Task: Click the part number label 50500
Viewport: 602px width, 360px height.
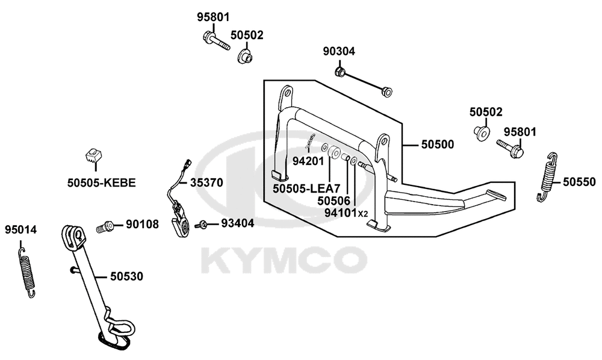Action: tap(437, 144)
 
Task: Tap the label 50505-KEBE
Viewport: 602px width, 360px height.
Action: tap(102, 182)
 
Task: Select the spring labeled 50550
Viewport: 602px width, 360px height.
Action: tap(547, 176)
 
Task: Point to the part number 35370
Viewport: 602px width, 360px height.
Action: tap(206, 182)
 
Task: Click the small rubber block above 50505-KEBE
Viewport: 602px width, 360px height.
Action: tap(93, 155)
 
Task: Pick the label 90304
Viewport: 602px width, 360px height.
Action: tap(339, 51)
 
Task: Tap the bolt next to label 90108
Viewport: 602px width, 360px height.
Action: tap(104, 227)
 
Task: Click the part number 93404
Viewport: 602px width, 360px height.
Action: tap(237, 223)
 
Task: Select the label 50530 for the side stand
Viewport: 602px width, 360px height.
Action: tap(126, 276)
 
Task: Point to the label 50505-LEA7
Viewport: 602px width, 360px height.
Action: tap(307, 189)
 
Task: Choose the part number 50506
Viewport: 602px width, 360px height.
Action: tap(334, 200)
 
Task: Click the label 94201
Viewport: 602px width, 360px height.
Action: tap(308, 161)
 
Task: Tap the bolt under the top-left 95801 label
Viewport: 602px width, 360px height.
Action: tap(216, 41)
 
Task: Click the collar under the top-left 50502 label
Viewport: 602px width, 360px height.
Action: tap(244, 57)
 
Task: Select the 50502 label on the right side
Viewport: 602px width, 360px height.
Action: tap(486, 112)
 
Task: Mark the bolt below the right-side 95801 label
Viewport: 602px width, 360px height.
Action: tap(510, 149)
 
